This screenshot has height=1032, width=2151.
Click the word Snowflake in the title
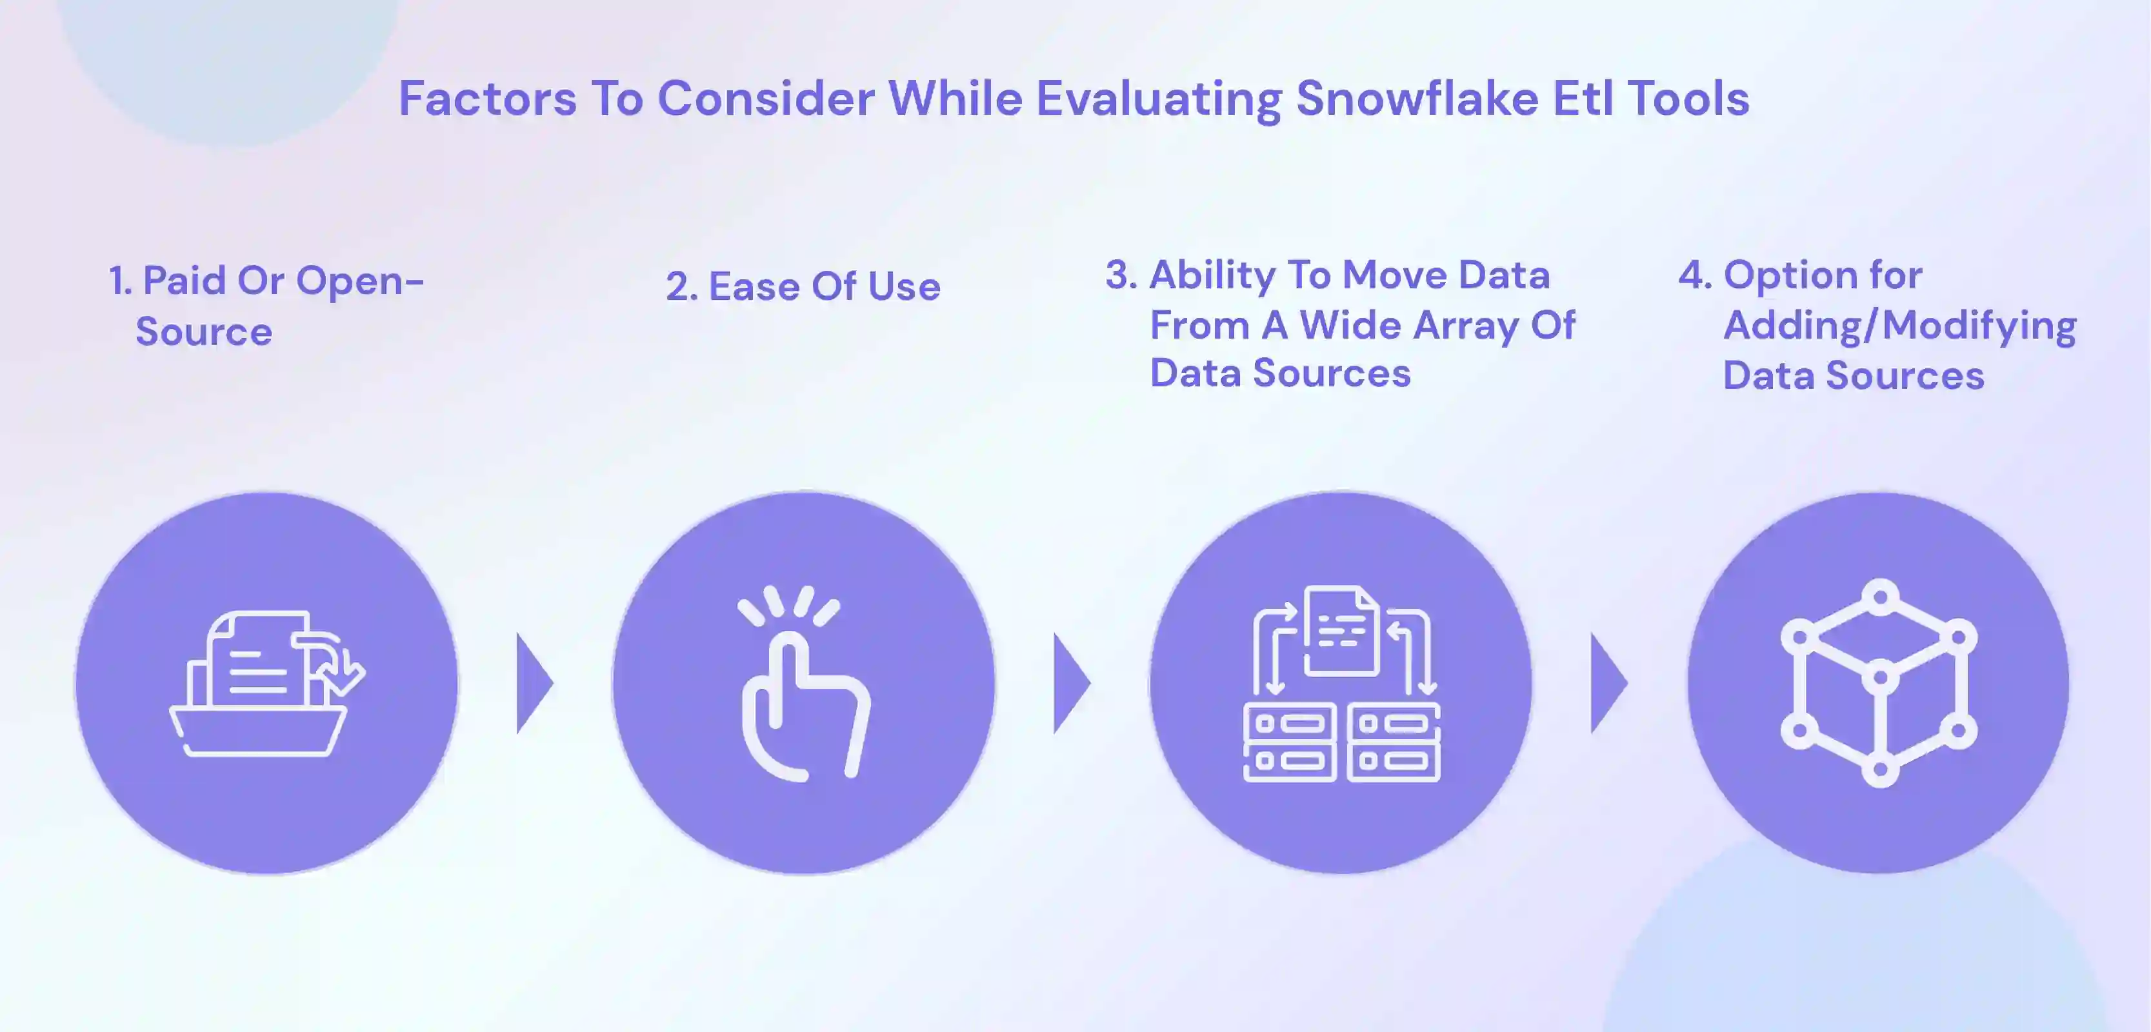1416,99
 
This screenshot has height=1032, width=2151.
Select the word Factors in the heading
487,99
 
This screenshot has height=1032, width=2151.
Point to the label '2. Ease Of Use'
803,286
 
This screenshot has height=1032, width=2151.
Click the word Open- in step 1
360,281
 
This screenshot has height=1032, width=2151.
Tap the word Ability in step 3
1212,275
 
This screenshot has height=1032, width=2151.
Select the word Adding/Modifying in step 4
1899,326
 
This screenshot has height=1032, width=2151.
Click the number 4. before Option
1695,275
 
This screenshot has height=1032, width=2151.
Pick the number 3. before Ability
1121,275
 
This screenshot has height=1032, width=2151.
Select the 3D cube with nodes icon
1879,683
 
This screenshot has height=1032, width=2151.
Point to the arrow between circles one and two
534,683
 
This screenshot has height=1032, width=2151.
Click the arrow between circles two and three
1072,683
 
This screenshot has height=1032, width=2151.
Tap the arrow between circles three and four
1608,683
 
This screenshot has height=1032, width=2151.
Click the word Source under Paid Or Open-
204,332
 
